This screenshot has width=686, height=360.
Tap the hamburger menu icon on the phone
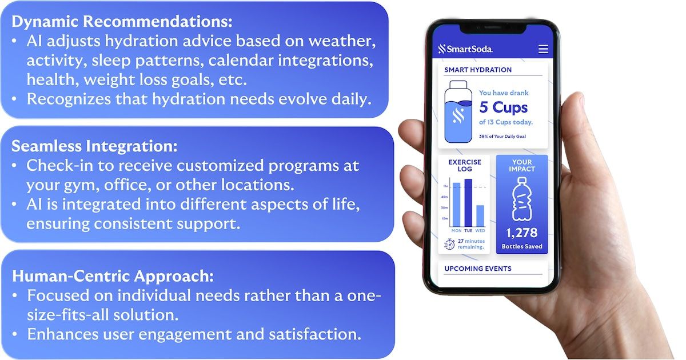click(543, 49)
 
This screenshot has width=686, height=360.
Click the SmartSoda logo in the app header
click(465, 49)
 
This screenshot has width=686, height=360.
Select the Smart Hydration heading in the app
click(478, 70)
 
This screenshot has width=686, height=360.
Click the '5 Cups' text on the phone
click(504, 107)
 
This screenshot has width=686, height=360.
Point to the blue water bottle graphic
click(458, 112)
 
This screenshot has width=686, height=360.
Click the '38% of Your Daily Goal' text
click(502, 136)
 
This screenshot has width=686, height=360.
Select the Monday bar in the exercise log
click(456, 205)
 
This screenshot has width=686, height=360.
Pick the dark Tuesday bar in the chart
click(468, 203)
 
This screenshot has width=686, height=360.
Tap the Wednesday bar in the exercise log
click(480, 216)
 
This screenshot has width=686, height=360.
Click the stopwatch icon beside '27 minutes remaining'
click(449, 245)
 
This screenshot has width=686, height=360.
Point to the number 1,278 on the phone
click(521, 233)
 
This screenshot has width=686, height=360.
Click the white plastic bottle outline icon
click(522, 199)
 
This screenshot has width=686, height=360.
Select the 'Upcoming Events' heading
click(478, 269)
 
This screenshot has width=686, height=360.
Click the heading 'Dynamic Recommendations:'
click(122, 22)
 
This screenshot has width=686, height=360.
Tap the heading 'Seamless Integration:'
click(94, 146)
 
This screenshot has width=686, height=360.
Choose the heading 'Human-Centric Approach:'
click(113, 276)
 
